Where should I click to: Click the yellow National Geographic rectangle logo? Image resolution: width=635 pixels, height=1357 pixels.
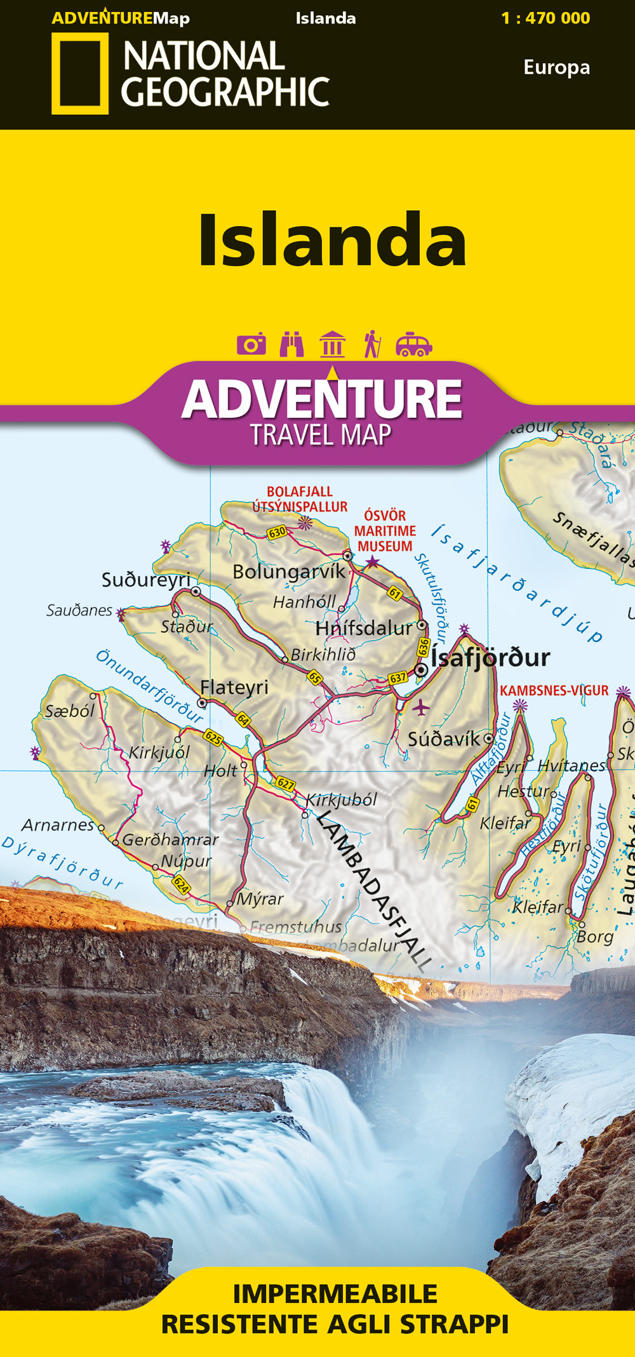click(79, 74)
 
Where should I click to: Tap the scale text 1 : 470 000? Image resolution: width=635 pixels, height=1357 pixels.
click(545, 18)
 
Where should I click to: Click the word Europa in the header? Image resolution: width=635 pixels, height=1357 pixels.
click(556, 67)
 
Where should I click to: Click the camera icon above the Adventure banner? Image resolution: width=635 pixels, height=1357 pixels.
click(251, 344)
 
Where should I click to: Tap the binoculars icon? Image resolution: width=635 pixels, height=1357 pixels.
click(291, 344)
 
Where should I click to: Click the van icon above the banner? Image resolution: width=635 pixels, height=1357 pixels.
click(413, 344)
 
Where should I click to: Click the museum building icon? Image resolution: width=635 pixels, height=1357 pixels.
click(332, 344)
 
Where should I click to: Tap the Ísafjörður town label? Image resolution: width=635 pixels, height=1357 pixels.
click(490, 657)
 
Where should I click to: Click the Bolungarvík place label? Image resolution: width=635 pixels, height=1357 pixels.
click(289, 572)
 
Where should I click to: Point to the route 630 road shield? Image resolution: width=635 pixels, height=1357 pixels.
click(277, 533)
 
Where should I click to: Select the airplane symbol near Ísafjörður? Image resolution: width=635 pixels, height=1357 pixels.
click(420, 706)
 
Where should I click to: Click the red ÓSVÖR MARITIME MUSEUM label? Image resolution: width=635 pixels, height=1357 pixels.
click(385, 531)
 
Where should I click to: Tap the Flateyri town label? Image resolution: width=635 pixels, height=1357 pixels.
click(234, 687)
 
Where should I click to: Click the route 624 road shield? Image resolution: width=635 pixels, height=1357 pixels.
click(181, 884)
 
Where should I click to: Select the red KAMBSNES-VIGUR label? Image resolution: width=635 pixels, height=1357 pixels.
click(554, 690)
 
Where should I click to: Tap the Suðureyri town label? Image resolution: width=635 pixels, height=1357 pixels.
click(146, 580)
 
